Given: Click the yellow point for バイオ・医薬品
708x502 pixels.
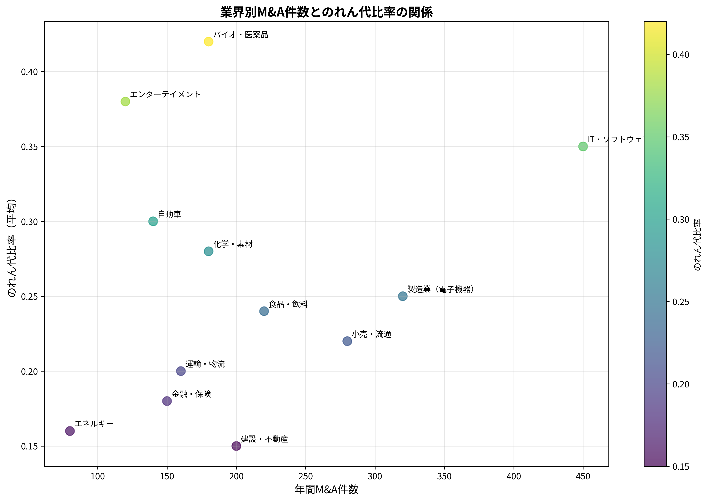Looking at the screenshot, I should click(x=209, y=42).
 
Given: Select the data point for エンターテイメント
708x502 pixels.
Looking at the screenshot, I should click(x=125, y=101).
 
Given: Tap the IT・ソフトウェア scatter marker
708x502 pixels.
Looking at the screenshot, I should click(x=583, y=147).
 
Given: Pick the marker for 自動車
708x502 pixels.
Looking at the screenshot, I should click(x=153, y=221).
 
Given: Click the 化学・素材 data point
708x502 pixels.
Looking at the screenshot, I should click(x=209, y=251).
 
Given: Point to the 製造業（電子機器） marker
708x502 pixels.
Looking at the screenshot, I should click(x=403, y=296).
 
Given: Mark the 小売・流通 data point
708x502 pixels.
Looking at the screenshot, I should click(x=347, y=341).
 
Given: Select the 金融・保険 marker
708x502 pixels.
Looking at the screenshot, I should click(x=167, y=401).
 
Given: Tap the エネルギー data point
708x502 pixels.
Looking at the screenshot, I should click(x=70, y=431).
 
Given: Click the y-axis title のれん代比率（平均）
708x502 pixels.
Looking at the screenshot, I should click(x=12, y=248).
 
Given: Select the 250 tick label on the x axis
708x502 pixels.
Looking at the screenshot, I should click(x=306, y=476).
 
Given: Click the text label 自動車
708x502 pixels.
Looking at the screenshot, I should click(x=169, y=214).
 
